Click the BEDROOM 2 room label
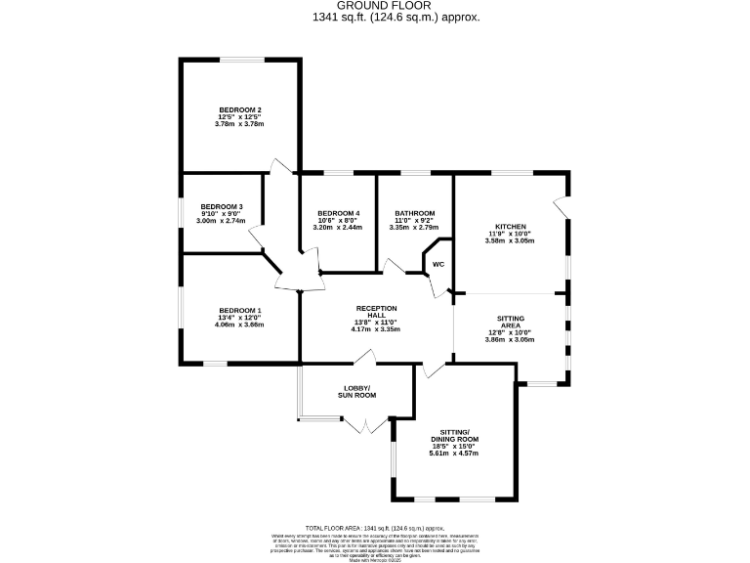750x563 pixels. (239, 109)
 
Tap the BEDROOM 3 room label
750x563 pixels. (221, 206)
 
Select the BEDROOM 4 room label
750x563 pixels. (338, 213)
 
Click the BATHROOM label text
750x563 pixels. (415, 213)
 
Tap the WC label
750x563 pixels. (438, 264)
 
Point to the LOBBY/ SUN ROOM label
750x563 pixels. (358, 391)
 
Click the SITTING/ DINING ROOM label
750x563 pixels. (454, 435)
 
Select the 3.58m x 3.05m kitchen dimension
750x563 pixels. (510, 239)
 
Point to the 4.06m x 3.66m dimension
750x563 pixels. (239, 325)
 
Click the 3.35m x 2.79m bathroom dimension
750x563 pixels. (415, 227)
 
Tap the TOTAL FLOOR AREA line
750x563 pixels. (376, 527)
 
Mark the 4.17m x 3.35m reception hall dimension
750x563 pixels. (376, 329)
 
